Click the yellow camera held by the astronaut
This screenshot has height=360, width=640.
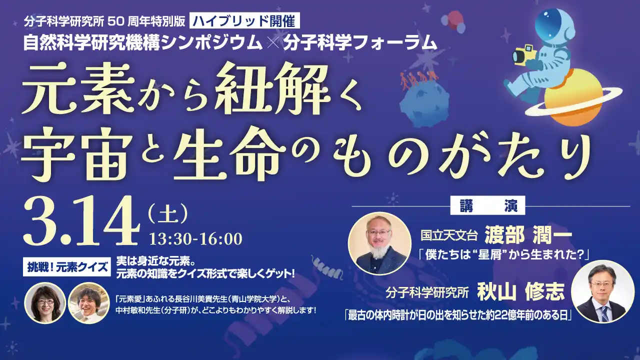coord(523,54)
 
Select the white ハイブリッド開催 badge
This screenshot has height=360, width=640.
coord(245,21)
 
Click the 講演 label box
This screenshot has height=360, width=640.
coord(488,205)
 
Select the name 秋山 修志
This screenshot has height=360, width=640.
coord(520,291)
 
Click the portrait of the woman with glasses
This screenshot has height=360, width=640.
coord(45,303)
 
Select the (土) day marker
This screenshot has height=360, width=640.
coord(168,215)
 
